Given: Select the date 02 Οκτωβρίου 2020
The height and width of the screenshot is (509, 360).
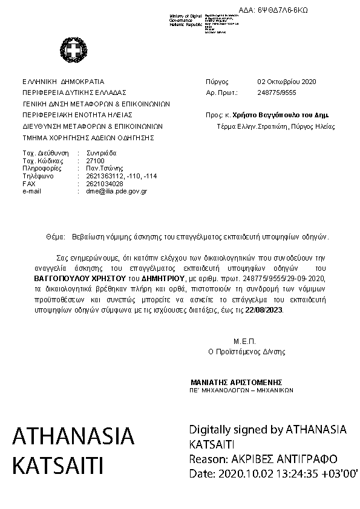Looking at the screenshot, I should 287,81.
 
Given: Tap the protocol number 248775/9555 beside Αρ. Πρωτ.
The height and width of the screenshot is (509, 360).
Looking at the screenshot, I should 277,92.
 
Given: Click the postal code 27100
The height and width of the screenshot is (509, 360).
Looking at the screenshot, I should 96,161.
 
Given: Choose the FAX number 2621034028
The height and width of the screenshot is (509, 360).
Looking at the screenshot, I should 105,183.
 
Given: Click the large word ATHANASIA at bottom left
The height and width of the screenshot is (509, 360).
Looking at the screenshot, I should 73,436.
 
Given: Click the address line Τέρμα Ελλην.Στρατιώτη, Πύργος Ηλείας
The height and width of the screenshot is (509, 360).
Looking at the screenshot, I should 276,127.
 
